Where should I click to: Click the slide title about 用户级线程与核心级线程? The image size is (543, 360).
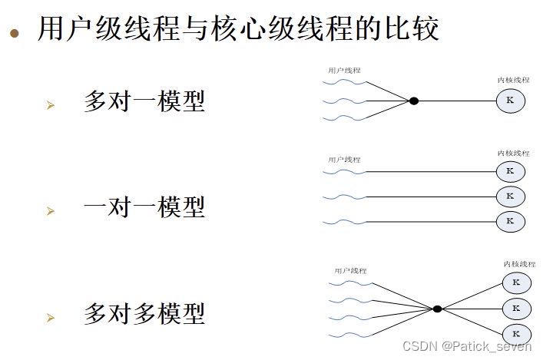click(238, 29)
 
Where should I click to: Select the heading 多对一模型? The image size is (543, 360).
click(144, 101)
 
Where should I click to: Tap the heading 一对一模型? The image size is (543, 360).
click(144, 206)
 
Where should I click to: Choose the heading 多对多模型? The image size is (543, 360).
click(144, 314)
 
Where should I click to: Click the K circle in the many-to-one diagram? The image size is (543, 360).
click(509, 101)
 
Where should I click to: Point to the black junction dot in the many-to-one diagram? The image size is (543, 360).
click(413, 101)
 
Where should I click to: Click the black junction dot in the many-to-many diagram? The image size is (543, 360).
click(437, 309)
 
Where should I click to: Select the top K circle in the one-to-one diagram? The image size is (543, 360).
click(510, 171)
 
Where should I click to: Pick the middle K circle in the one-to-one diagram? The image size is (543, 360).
click(510, 197)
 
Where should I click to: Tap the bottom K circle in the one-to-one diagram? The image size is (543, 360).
click(510, 222)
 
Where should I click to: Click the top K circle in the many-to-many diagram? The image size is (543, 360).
click(516, 283)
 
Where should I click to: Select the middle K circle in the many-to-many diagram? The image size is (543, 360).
click(516, 309)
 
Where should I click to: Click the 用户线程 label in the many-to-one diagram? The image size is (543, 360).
click(344, 71)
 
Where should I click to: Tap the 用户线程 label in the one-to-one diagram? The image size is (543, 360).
click(344, 160)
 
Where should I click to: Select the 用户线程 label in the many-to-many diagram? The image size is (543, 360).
click(350, 271)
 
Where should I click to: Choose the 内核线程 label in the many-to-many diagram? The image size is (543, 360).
click(519, 264)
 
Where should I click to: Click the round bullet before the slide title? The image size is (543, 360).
click(15, 33)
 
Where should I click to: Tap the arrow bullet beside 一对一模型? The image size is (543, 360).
click(51, 210)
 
